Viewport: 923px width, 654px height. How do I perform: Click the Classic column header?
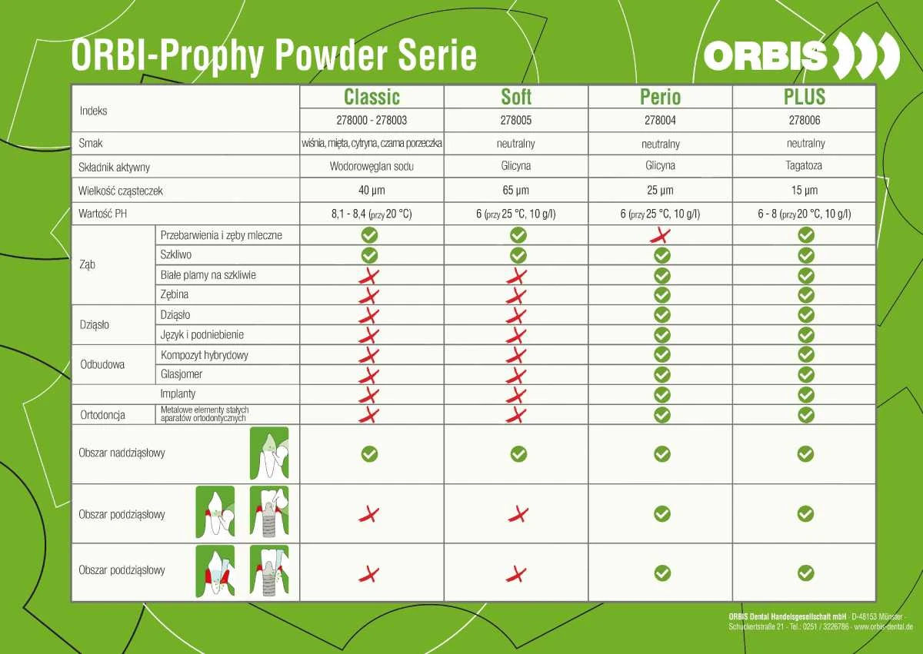(x=372, y=97)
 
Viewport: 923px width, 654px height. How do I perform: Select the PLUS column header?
(x=805, y=97)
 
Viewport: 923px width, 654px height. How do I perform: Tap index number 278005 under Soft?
(x=516, y=120)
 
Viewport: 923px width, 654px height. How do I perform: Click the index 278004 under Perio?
(x=660, y=120)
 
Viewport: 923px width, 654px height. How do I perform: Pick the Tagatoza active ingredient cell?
(x=804, y=166)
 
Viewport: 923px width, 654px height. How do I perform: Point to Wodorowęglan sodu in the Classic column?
(x=372, y=166)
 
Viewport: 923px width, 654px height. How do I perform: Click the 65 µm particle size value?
(x=516, y=190)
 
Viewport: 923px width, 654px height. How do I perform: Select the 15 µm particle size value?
(x=805, y=190)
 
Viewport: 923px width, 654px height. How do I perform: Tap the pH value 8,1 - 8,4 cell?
(x=372, y=214)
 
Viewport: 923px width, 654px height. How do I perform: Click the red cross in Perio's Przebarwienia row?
(x=661, y=235)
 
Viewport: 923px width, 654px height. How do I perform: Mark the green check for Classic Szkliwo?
(x=370, y=255)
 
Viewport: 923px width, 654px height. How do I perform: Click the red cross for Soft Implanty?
(x=516, y=395)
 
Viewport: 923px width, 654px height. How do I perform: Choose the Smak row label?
(x=91, y=143)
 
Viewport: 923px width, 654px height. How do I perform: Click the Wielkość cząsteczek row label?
(x=120, y=191)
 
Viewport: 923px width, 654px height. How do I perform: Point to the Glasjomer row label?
(x=182, y=374)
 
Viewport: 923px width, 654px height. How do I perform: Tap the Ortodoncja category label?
(x=102, y=415)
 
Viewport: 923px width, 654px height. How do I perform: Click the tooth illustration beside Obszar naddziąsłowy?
(x=269, y=453)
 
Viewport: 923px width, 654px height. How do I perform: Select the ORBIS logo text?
(x=765, y=55)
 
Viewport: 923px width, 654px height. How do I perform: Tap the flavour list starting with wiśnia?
(x=372, y=143)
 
